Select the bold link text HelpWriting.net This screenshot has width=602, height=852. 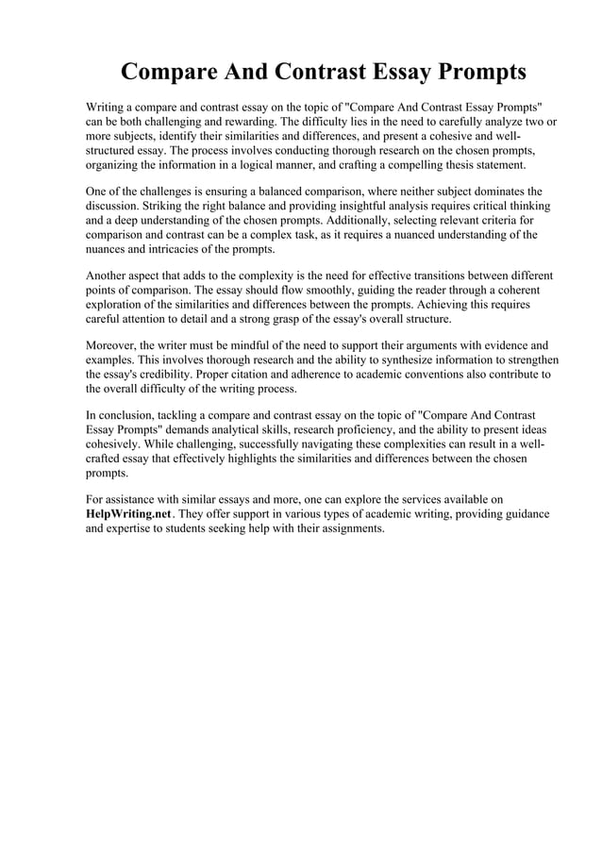[128, 513]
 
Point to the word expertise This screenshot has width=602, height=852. [136, 528]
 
